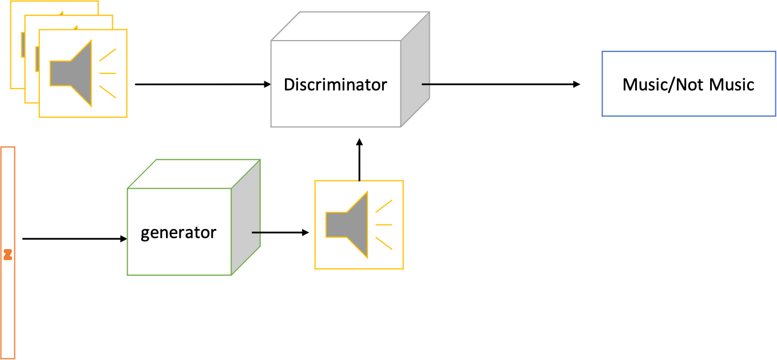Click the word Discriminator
[335, 85]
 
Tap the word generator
[179, 233]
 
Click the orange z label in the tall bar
[7, 254]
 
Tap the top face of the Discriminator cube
[349, 26]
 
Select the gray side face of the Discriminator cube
[415, 69]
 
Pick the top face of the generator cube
[193, 174]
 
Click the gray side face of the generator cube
[246, 217]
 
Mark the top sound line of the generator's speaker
[383, 206]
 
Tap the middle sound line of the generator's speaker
[384, 224]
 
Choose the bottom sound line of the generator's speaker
[383, 243]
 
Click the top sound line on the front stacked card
[108, 55]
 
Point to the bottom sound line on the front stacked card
[108, 92]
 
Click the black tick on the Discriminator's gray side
[425, 84]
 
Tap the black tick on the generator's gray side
[256, 232]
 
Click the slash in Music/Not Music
[673, 85]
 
